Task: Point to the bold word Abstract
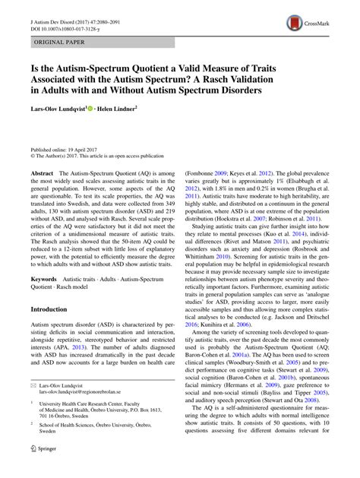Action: click(x=41, y=173)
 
